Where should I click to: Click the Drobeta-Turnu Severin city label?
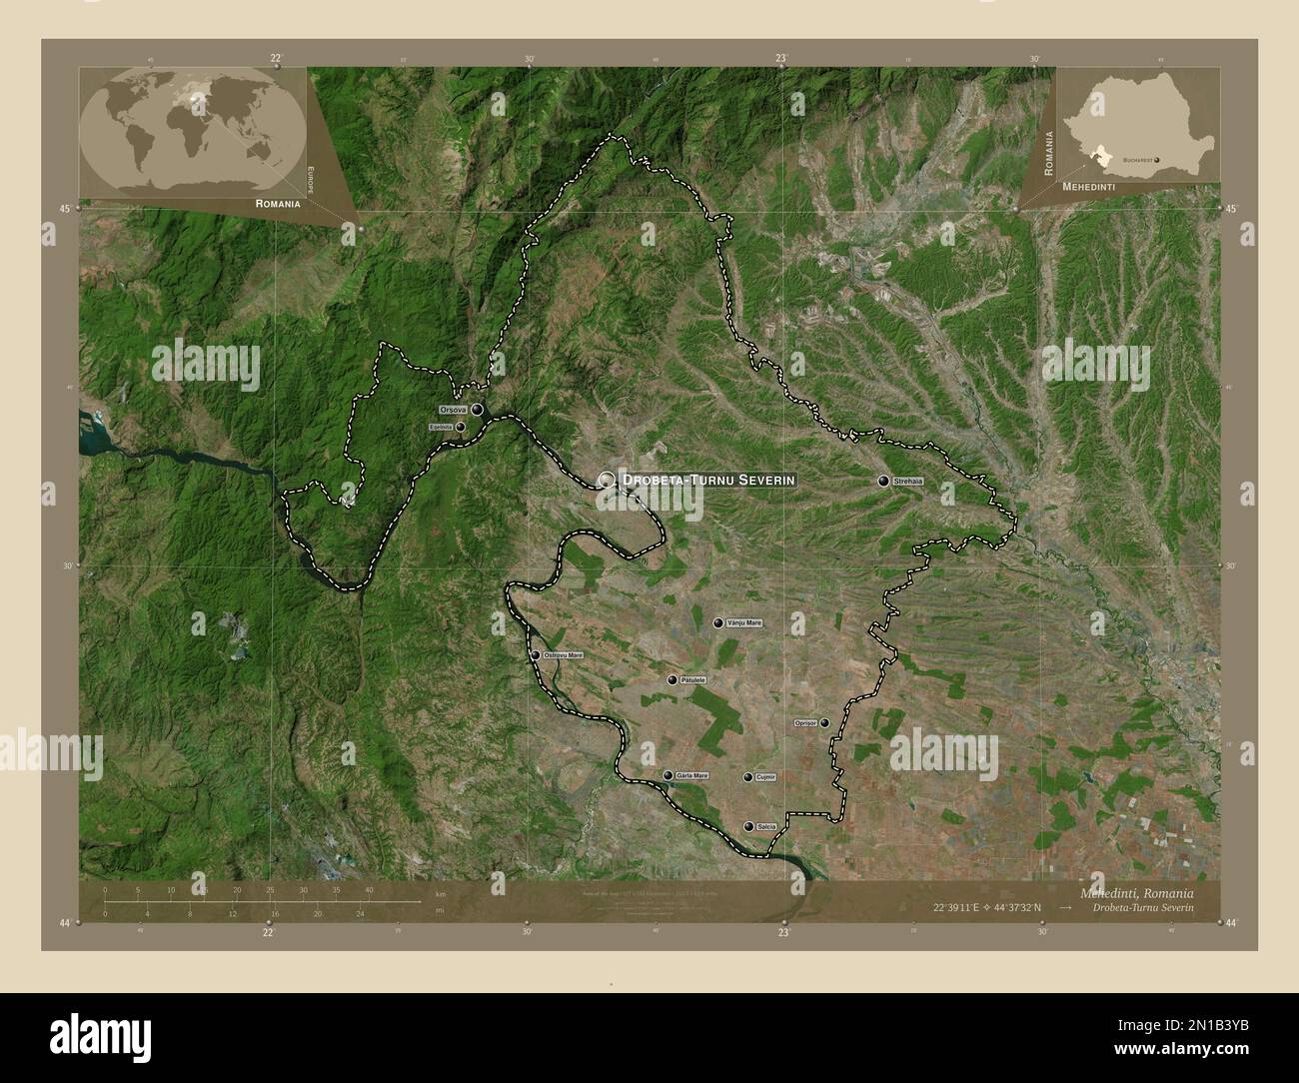pos(708,480)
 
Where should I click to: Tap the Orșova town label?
pos(453,410)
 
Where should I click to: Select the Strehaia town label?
pos(909,481)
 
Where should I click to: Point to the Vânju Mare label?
pos(744,623)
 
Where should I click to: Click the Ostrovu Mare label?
pos(563,655)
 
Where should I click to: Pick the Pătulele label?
pos(692,680)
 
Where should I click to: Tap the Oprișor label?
pos(805,722)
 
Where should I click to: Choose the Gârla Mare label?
pos(691,775)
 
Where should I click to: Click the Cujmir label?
pos(766,777)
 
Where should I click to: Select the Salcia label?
pos(766,826)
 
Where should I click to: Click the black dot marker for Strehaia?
pos(883,481)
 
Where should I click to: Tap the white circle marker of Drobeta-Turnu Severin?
pos(607,480)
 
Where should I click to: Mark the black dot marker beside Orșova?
pos(478,409)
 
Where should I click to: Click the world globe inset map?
pos(193,129)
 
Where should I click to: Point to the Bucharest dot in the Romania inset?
pos(1157,159)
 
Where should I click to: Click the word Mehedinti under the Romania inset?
pos(1089,187)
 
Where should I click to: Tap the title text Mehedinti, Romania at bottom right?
pos(1135,891)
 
